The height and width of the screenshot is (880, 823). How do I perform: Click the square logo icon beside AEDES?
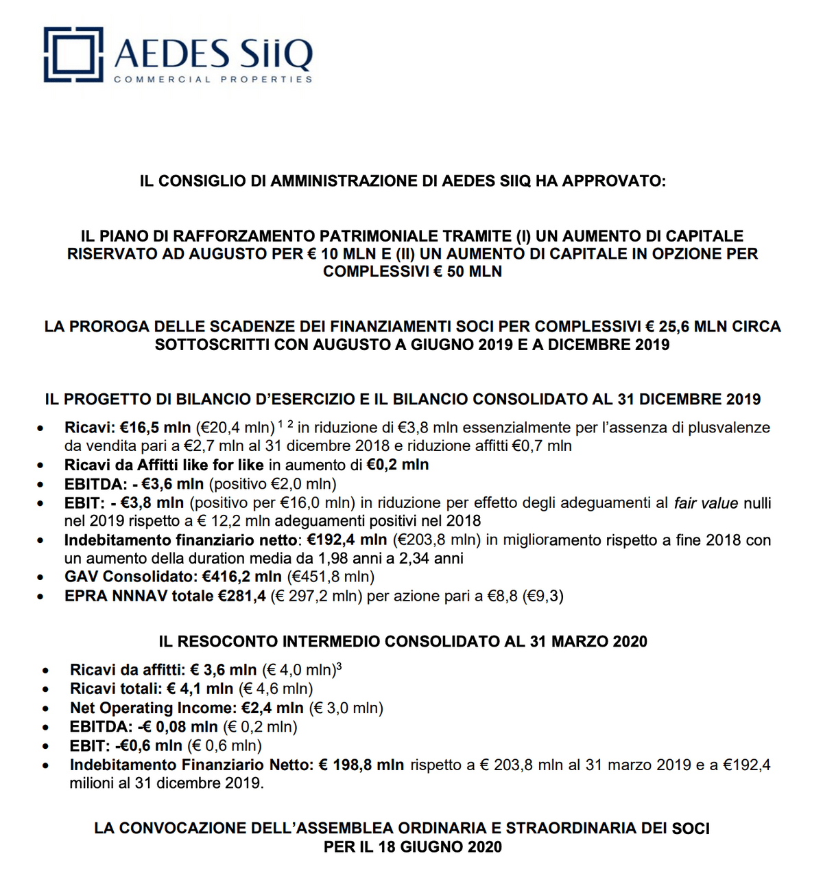(73, 55)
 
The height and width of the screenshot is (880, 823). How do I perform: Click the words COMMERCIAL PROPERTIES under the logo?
(213, 80)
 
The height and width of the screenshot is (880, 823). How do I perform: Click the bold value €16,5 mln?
(158, 428)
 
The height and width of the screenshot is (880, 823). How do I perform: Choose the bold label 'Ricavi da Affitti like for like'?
(164, 465)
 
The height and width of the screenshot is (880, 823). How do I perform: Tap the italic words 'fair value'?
(706, 503)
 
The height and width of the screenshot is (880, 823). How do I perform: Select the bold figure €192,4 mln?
(346, 540)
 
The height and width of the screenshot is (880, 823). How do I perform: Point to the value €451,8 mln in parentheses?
(331, 577)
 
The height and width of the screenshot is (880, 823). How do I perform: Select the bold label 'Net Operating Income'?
(152, 708)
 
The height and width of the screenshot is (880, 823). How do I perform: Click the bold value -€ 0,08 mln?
(178, 727)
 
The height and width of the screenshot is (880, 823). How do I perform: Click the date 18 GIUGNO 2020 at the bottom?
(440, 847)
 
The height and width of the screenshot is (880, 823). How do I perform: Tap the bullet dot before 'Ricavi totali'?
(45, 689)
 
